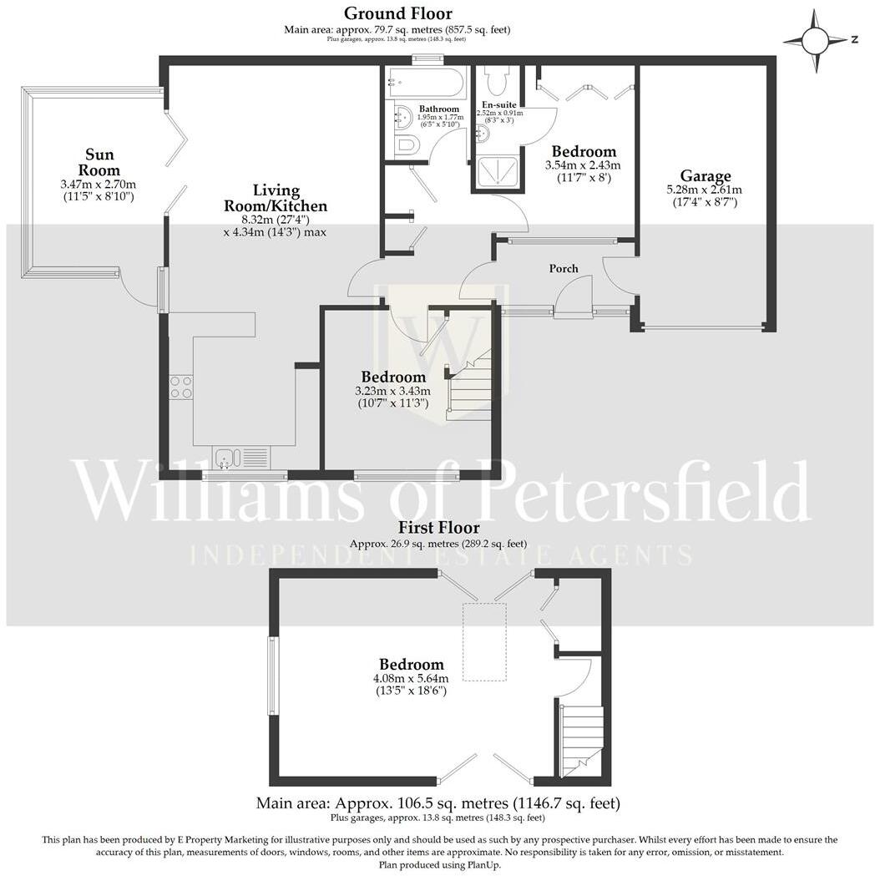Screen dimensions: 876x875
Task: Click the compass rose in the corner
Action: pyautogui.click(x=816, y=39)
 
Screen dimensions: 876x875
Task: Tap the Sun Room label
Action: pyautogui.click(x=99, y=162)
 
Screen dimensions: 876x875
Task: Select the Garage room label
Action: pyautogui.click(x=705, y=176)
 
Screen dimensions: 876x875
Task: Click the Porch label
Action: pyautogui.click(x=564, y=268)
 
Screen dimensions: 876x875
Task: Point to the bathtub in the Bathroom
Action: pyautogui.click(x=426, y=84)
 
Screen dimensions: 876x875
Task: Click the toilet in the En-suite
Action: pyautogui.click(x=497, y=81)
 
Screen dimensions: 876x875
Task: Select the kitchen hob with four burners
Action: pyautogui.click(x=181, y=387)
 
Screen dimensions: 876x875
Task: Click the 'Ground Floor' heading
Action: pyautogui.click(x=398, y=13)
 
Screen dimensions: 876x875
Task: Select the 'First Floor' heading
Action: pyautogui.click(x=438, y=528)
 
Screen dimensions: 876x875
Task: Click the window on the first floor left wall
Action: pyautogui.click(x=272, y=676)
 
